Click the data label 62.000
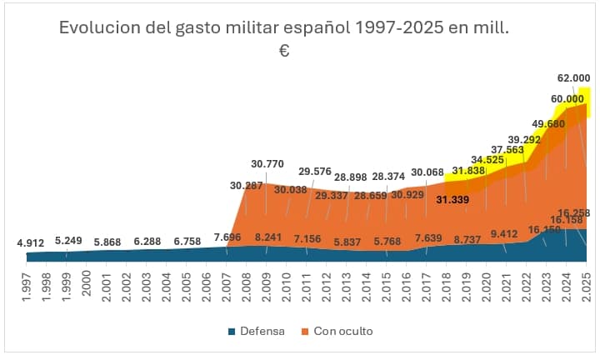click(573, 77)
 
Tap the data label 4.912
click(31, 243)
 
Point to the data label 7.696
click(227, 237)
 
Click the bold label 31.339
click(452, 200)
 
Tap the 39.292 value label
click(525, 139)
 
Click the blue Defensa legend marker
click(232, 332)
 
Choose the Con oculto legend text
click(343, 332)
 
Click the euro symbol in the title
click(283, 52)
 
